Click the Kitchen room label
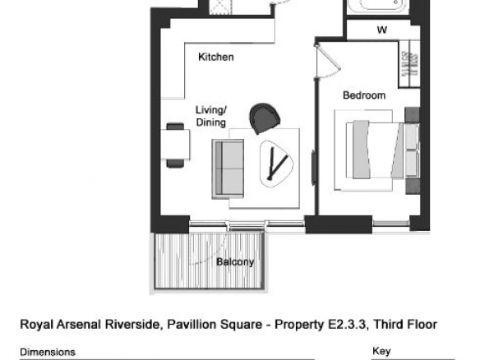click(x=216, y=57)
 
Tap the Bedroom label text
click(x=364, y=95)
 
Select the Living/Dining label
click(x=211, y=116)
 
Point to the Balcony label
click(x=235, y=262)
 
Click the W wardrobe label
click(x=382, y=30)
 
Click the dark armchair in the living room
click(x=265, y=118)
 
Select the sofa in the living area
click(x=228, y=168)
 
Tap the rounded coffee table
click(x=276, y=164)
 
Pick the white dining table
click(x=175, y=144)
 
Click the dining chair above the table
click(x=175, y=126)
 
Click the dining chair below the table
click(x=175, y=164)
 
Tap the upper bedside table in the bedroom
click(x=412, y=115)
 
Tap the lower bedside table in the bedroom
click(x=413, y=186)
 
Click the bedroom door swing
click(x=328, y=61)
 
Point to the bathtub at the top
click(x=379, y=6)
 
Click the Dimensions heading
click(x=48, y=352)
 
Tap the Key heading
click(x=381, y=352)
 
